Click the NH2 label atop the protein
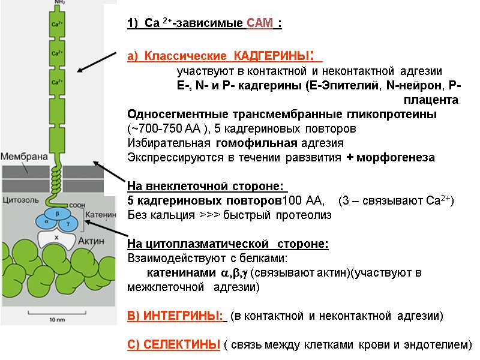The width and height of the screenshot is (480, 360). (x=58, y=2)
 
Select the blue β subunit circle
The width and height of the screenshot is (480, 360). (x=57, y=213)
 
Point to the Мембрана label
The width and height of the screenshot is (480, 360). (x=23, y=157)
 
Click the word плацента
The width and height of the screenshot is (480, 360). (x=431, y=99)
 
